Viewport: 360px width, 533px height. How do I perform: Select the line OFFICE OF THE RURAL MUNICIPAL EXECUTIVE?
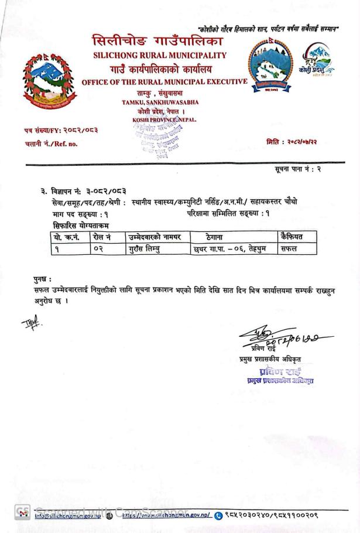(x=164, y=81)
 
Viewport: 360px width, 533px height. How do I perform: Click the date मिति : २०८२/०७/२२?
(x=291, y=141)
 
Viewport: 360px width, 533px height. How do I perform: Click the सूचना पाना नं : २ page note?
(x=298, y=169)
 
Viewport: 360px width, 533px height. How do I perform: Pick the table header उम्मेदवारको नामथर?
(x=155, y=237)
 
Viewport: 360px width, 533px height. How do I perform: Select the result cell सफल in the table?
(x=289, y=248)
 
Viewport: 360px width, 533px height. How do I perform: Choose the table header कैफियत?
(x=292, y=237)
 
